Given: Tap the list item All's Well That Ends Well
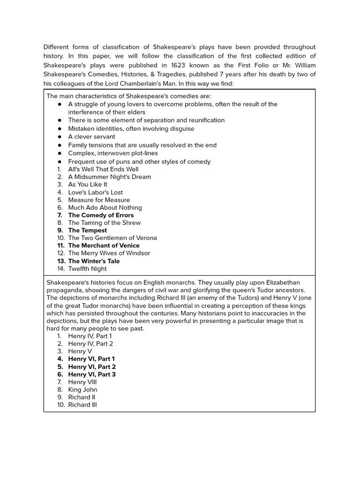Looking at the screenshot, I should pos(103,169).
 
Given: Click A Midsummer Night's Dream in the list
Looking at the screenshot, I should pos(109,177).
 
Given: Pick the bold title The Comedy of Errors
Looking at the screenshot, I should pos(101,215).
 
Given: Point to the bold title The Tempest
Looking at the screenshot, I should pos(87,230).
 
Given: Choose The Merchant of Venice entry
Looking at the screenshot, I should pos(104,246).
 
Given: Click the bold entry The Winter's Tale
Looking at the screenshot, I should pos(94,261).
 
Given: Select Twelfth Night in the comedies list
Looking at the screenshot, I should pos(87,269).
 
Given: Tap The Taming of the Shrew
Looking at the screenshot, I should pos(104,223).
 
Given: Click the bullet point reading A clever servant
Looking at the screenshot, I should pos(91,137).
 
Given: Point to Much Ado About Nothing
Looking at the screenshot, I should pos(105,208).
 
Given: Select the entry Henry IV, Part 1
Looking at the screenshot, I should pos(90,336).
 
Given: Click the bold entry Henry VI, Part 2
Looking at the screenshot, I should pos(92,367).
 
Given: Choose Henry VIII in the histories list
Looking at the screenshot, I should pos(82,382).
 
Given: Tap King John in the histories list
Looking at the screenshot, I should pos(82,390).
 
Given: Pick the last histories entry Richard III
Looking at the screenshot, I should pos(82,405).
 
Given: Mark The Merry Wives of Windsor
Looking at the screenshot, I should pos(109,253).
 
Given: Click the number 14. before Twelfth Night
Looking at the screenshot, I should pos(61,269).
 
